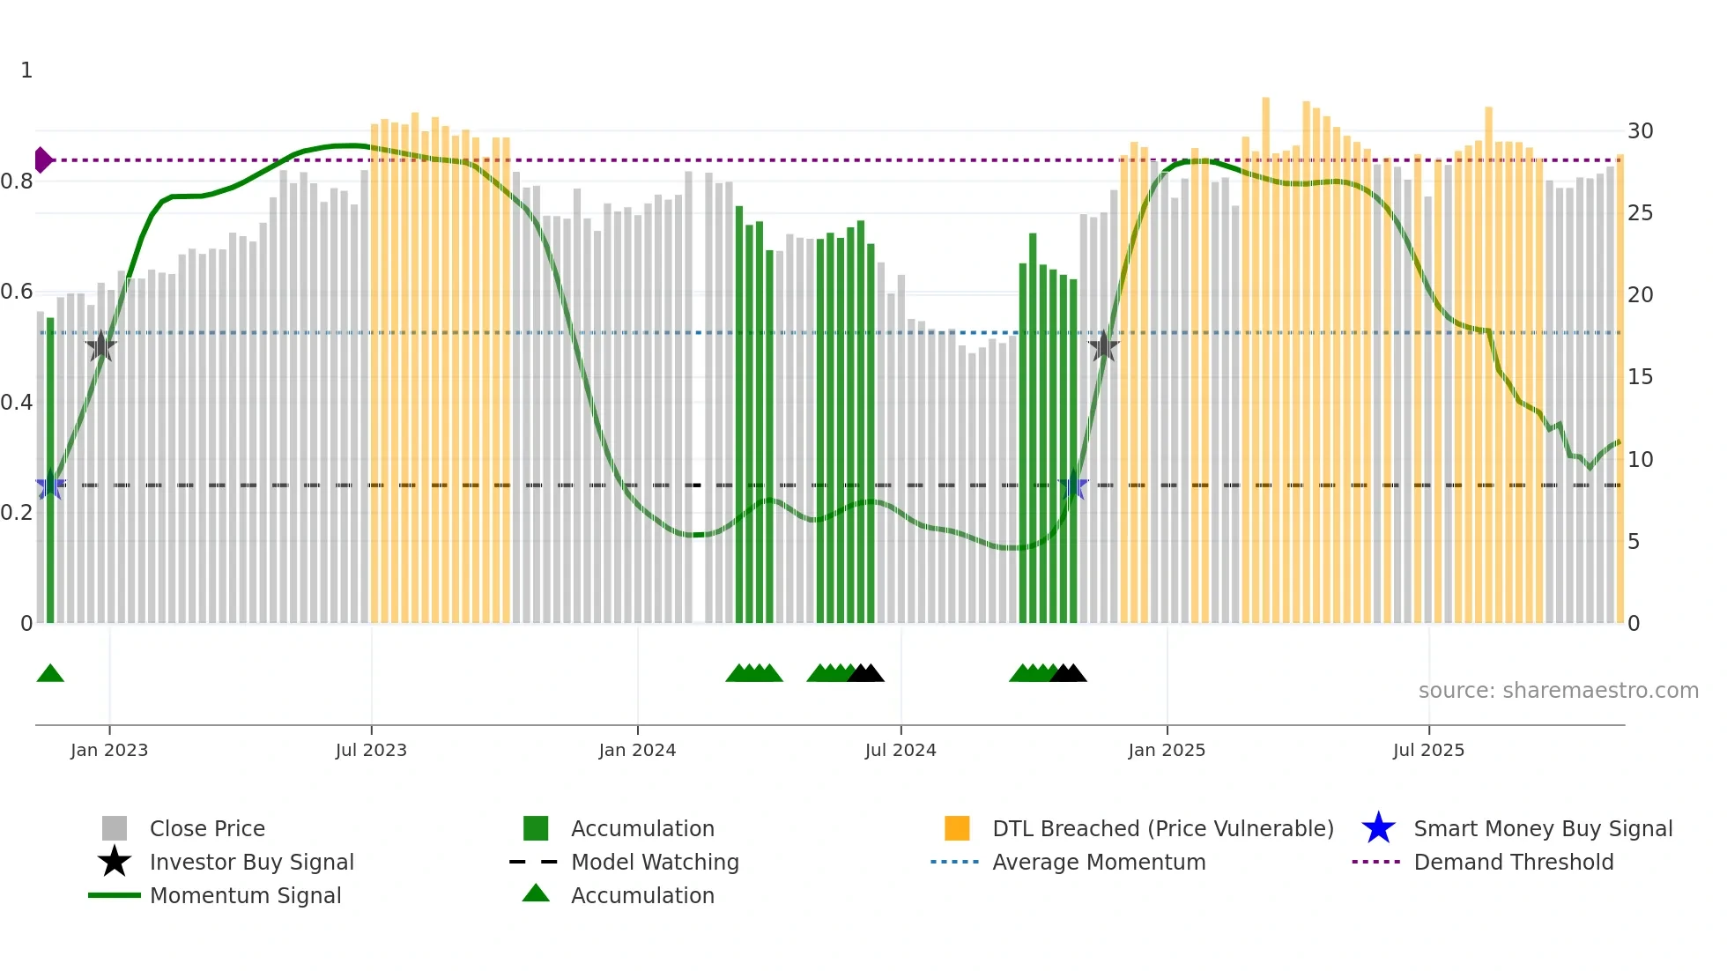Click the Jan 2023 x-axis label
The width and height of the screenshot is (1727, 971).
click(109, 750)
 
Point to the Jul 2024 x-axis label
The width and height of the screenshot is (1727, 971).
click(901, 750)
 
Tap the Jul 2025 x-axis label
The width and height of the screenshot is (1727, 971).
click(1428, 750)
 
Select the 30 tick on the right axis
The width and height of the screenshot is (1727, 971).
click(1640, 131)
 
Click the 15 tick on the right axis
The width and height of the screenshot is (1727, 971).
click(1640, 377)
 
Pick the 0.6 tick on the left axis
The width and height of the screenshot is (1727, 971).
click(17, 292)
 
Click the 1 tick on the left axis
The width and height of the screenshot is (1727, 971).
click(26, 70)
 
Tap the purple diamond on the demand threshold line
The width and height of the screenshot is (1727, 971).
click(42, 160)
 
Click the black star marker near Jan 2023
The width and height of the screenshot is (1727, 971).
click(101, 346)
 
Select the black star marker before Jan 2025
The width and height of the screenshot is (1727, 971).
click(1103, 346)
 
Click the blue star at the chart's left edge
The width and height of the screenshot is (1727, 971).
click(50, 485)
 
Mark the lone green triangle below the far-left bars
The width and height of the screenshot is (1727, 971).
click(50, 674)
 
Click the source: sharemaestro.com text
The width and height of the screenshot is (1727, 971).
click(1558, 691)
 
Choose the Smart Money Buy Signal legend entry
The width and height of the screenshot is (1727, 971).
click(1542, 828)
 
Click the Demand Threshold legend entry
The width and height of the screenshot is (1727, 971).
click(1513, 862)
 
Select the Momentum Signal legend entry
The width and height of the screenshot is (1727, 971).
click(245, 895)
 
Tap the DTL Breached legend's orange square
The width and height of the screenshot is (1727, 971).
click(957, 828)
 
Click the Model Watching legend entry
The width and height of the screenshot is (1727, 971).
click(655, 862)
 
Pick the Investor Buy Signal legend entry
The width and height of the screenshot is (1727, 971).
click(251, 862)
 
